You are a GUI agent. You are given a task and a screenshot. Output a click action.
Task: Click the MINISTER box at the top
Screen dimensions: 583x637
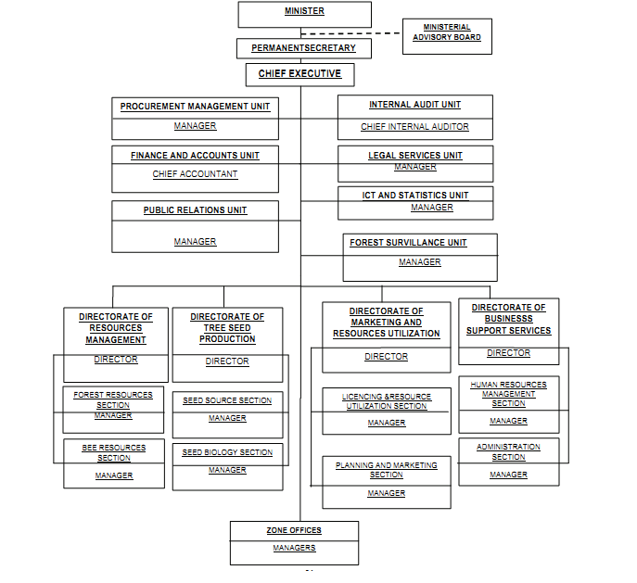[x=304, y=13]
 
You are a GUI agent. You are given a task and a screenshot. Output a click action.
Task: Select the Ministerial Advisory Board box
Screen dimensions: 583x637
[x=447, y=33]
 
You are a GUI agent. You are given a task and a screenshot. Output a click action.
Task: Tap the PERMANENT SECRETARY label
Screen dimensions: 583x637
[x=303, y=47]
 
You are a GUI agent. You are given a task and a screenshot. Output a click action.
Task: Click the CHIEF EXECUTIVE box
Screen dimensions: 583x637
[x=299, y=74]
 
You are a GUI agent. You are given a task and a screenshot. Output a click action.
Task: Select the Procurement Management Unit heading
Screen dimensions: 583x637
[x=195, y=107]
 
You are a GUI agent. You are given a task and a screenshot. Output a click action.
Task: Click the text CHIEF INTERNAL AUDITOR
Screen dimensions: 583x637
[x=414, y=127]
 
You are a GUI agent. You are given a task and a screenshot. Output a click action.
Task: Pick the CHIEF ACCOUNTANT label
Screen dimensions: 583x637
[x=195, y=174]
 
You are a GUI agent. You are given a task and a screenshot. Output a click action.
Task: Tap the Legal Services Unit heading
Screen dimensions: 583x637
[x=414, y=156]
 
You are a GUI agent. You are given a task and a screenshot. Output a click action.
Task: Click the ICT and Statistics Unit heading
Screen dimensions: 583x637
[x=414, y=196]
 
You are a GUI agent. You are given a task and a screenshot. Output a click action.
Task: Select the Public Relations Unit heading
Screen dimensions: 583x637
[x=195, y=210]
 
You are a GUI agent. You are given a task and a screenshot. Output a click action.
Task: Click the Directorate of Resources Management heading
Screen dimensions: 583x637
[x=116, y=328]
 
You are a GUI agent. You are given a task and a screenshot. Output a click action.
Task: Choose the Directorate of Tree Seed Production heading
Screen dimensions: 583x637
[x=227, y=328]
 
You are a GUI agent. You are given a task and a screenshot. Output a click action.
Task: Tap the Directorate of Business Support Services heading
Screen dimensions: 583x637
[x=508, y=319]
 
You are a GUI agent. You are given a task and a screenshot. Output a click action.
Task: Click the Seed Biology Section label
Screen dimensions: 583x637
[x=227, y=453]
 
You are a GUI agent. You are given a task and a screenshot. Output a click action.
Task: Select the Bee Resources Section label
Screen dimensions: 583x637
[x=114, y=452]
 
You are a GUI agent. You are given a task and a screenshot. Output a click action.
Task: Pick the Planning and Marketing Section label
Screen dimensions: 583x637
[x=386, y=470]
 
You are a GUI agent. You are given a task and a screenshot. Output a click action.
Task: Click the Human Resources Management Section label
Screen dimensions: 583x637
[x=508, y=394]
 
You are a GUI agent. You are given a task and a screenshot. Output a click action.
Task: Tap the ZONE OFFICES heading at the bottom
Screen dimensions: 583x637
[x=294, y=530]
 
